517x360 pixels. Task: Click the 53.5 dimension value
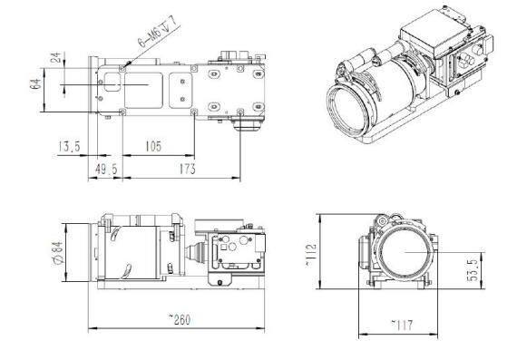(472, 270)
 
